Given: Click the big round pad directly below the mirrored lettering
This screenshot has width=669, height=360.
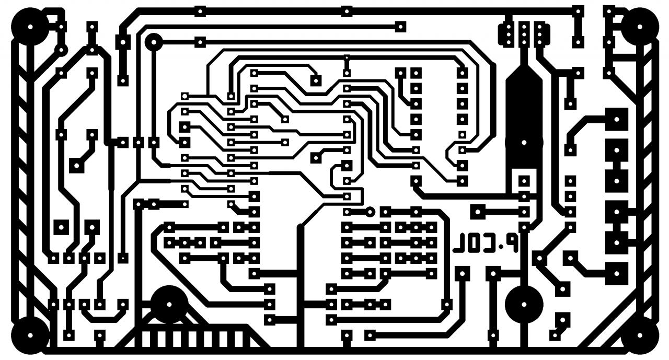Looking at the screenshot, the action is pos(524,304).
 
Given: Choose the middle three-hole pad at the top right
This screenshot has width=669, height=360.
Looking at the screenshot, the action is pos(524,33).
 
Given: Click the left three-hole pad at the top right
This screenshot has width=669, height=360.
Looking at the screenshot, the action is pos(506,33).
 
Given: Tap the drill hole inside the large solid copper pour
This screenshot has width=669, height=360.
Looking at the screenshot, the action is pos(523,142).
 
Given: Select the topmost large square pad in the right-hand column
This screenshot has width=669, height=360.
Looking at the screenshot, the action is pos(617,119).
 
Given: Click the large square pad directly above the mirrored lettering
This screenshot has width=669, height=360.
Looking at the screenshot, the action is pos(477,212).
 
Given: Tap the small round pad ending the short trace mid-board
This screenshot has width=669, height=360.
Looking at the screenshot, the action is pos(370,212).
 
